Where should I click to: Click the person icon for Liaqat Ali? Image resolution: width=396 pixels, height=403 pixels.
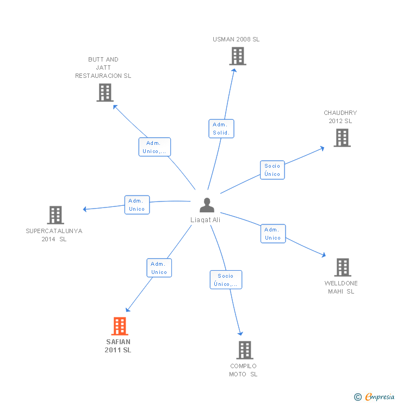tap(207, 205)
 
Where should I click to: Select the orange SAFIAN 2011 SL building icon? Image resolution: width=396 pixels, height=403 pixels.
tap(119, 326)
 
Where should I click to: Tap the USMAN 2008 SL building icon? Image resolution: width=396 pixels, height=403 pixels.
tap(237, 56)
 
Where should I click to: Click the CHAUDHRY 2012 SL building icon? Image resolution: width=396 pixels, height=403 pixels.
tap(342, 138)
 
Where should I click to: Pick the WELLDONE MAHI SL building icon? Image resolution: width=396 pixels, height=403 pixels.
tap(342, 267)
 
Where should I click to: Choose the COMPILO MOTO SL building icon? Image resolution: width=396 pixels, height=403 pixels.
tap(244, 350)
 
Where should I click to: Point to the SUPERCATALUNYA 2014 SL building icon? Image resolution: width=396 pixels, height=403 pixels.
tap(55, 215)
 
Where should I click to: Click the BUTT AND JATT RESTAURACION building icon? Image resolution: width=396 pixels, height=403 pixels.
tap(104, 93)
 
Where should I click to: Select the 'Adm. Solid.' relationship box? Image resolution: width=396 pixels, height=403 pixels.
tap(221, 129)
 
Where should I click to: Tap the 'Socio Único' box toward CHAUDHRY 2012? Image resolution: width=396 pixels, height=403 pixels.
tap(272, 170)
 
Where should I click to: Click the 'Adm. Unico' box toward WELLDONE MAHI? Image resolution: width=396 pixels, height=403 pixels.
tap(273, 234)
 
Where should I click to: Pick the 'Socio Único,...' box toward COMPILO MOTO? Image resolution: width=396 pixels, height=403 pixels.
tap(226, 280)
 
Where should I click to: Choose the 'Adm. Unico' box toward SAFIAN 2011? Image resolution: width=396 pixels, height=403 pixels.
tap(159, 268)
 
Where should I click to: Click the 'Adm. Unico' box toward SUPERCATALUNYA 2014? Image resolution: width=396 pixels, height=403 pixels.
tap(137, 205)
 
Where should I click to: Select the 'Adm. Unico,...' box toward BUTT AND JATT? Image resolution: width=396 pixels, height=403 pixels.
tap(154, 147)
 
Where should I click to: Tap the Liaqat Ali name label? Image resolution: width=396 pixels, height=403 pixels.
tap(206, 220)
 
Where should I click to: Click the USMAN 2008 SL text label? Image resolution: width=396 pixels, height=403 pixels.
tap(236, 39)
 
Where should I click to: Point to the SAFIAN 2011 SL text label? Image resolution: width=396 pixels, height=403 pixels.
tap(118, 346)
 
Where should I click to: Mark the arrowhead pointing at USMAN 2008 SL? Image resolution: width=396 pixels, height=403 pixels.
tap(234, 69)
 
